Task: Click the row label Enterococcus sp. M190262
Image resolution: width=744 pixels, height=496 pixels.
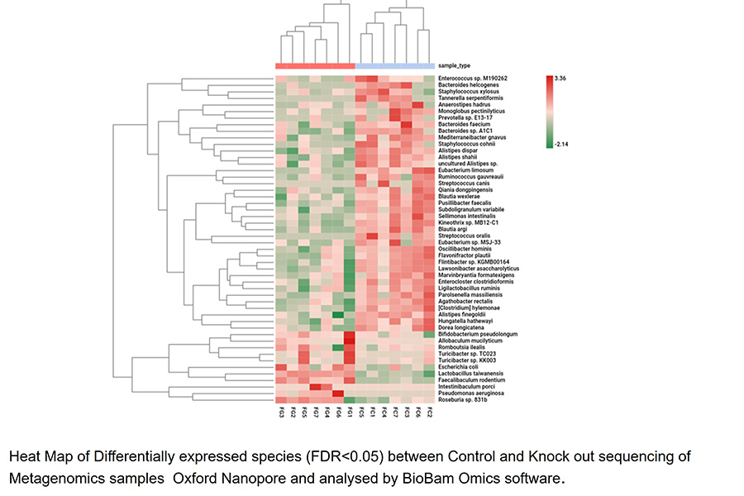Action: tap(473, 79)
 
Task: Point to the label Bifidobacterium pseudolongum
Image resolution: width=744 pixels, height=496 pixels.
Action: tap(476, 334)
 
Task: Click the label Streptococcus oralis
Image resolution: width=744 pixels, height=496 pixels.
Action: tap(463, 236)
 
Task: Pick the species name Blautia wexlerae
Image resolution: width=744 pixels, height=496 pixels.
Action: tap(459, 196)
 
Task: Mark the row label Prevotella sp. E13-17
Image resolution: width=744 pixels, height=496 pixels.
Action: tap(463, 117)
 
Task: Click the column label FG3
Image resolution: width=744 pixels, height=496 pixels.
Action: tap(281, 412)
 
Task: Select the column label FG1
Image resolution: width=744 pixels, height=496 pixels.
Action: tap(350, 412)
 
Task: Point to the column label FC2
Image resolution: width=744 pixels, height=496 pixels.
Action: tap(429, 412)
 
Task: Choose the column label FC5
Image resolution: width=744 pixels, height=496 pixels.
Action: tap(361, 412)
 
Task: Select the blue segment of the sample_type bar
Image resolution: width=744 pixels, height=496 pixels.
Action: tap(395, 65)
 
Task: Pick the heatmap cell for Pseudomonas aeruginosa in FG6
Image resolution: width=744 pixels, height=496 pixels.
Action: tap(338, 393)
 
